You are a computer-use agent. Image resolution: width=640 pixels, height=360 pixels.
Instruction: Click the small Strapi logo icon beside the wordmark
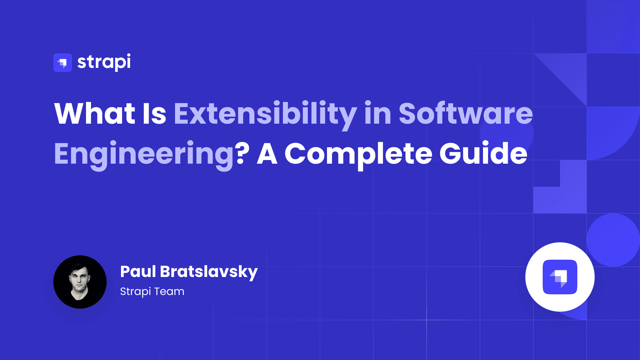click(x=63, y=63)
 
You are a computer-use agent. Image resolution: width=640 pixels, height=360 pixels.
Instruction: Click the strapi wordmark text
click(x=104, y=62)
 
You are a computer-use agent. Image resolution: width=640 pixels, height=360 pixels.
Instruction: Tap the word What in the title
click(x=95, y=114)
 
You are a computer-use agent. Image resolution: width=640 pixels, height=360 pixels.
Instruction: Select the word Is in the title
click(x=154, y=114)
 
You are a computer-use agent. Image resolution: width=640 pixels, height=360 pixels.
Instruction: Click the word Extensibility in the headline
click(x=265, y=114)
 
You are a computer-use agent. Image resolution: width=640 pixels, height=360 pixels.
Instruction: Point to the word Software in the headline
click(x=466, y=114)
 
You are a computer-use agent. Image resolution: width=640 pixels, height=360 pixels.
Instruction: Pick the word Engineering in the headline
click(x=144, y=154)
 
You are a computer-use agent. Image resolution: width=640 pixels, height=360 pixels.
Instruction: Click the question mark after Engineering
click(x=243, y=153)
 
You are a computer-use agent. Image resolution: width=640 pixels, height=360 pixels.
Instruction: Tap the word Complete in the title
click(x=358, y=154)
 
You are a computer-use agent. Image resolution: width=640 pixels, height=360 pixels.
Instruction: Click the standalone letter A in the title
click(x=267, y=154)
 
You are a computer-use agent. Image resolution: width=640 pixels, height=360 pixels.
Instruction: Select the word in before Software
click(x=378, y=114)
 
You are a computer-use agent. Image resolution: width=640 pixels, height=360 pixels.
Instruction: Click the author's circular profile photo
click(x=80, y=282)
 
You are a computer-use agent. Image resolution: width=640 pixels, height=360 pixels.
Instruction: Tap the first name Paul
click(x=138, y=271)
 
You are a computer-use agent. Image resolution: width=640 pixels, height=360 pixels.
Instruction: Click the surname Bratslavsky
click(x=209, y=272)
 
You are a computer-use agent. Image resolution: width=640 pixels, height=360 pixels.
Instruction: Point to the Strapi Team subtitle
click(x=152, y=292)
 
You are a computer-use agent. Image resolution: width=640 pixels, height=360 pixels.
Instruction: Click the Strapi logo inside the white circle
click(x=560, y=277)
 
